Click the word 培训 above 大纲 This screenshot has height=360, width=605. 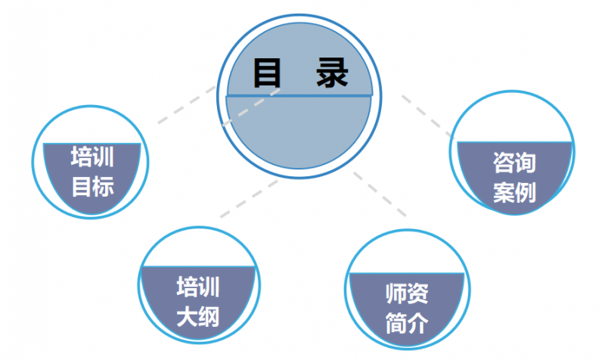click(197, 287)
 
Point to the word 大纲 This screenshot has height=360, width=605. click(197, 315)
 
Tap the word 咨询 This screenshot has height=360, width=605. click(514, 163)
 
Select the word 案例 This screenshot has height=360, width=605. click(514, 192)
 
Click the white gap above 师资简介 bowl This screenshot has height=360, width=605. click(406, 253)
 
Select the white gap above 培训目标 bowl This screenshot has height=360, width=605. click(92, 125)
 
